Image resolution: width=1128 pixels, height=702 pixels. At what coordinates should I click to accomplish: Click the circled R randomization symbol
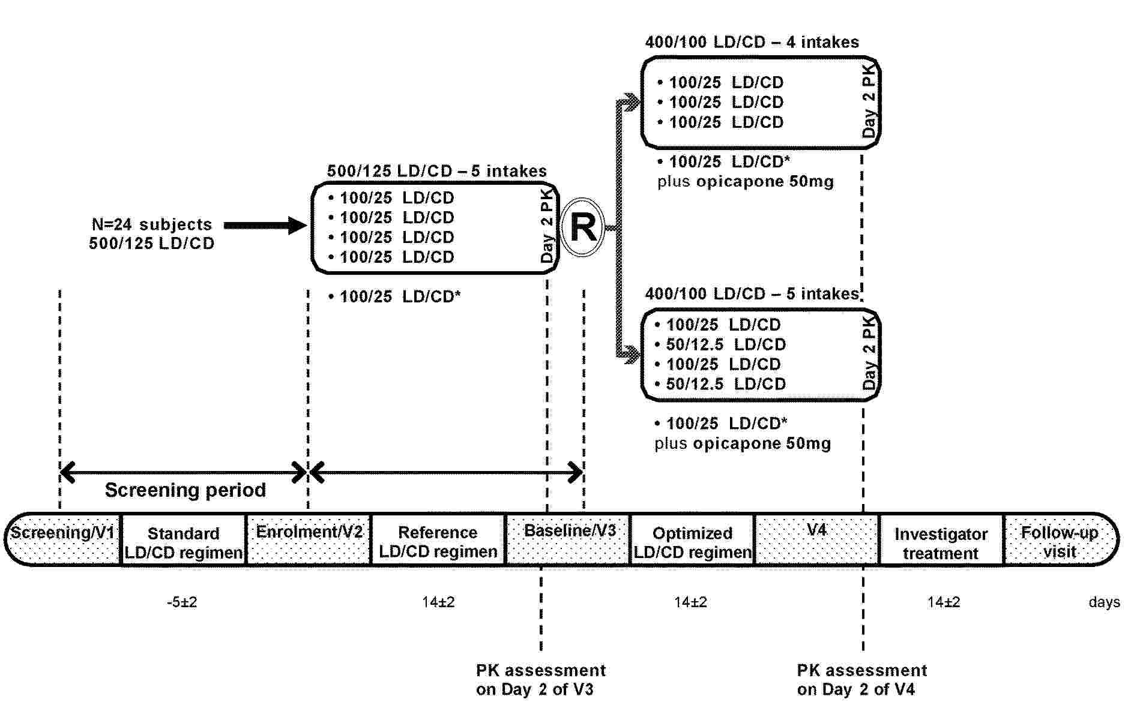point(582,228)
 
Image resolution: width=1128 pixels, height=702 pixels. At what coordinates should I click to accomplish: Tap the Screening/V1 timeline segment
point(63,539)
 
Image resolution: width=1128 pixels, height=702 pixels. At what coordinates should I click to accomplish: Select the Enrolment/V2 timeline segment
point(309,539)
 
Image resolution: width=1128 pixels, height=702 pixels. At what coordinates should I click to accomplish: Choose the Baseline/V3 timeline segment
point(569,539)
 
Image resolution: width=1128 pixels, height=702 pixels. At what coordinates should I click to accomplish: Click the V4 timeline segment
point(816,539)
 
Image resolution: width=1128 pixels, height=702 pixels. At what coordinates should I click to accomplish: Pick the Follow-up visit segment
point(1060,541)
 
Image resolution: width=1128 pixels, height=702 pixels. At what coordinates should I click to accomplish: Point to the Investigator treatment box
point(941,542)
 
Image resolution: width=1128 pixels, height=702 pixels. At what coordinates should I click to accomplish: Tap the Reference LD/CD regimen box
point(438,541)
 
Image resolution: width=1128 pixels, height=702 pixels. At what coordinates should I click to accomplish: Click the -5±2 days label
point(182,602)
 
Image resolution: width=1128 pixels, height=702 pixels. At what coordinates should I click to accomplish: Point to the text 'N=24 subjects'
point(152,224)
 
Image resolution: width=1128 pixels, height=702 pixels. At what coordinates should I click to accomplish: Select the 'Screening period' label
point(185,490)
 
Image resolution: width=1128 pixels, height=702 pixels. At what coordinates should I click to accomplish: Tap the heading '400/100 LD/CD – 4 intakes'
point(752,43)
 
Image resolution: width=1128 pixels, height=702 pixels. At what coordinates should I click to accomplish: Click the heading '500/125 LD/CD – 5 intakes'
point(436,172)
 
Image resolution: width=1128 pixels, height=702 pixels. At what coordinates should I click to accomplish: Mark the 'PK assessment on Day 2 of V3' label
point(540,679)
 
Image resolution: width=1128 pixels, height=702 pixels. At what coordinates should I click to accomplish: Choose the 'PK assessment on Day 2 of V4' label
point(861,679)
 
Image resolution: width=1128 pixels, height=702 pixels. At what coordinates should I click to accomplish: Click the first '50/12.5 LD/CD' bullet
point(725,345)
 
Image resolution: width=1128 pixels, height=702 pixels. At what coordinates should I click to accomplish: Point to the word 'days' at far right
point(1104,602)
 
